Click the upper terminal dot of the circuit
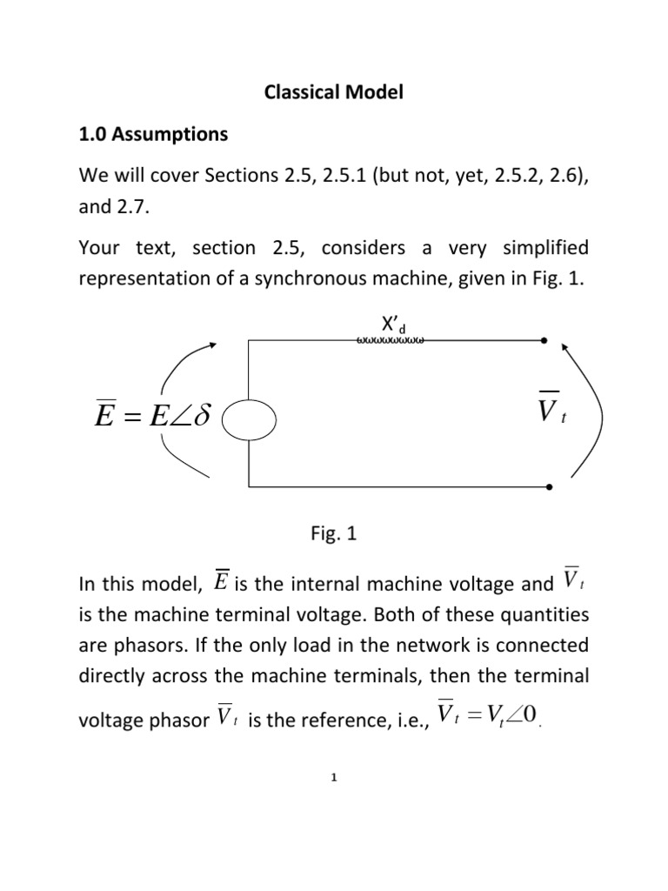[544, 340]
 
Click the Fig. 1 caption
[334, 537]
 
